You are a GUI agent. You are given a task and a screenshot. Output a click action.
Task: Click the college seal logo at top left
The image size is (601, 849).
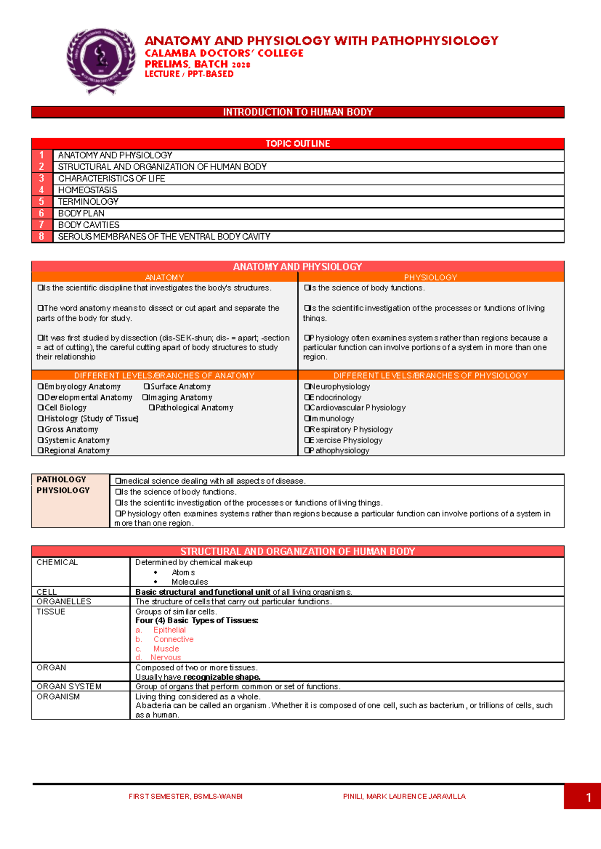pyautogui.click(x=101, y=60)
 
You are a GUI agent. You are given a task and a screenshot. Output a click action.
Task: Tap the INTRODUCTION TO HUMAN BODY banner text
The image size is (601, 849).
pyautogui.click(x=297, y=112)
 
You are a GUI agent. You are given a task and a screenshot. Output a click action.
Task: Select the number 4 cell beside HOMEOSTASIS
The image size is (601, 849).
pyautogui.click(x=42, y=190)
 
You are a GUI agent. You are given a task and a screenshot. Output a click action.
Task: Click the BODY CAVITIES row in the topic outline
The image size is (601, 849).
pyautogui.click(x=89, y=225)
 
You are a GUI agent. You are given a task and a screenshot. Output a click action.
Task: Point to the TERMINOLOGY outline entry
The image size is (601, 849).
pyautogui.click(x=88, y=202)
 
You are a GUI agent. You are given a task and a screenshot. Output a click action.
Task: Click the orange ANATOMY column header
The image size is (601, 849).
pyautogui.click(x=164, y=277)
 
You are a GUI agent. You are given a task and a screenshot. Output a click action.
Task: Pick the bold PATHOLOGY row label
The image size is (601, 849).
pyautogui.click(x=61, y=480)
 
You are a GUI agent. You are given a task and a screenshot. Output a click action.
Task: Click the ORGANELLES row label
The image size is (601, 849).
pyautogui.click(x=64, y=601)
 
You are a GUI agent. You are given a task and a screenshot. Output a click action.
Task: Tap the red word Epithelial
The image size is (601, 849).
pyautogui.click(x=169, y=630)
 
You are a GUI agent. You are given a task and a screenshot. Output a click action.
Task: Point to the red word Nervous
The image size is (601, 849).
pyautogui.click(x=165, y=657)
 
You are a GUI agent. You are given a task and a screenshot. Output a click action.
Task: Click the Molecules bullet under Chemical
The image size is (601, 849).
pyautogui.click(x=189, y=582)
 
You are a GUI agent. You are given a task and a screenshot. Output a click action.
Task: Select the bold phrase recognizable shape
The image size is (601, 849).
pyautogui.click(x=222, y=677)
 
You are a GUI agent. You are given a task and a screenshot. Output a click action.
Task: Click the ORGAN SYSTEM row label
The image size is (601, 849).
pyautogui.click(x=69, y=686)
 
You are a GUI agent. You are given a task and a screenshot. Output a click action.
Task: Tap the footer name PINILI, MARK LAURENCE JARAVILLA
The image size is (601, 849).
pyautogui.click(x=404, y=796)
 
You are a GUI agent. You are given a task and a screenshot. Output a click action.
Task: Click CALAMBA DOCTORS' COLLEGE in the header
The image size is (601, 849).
pyautogui.click(x=224, y=53)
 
